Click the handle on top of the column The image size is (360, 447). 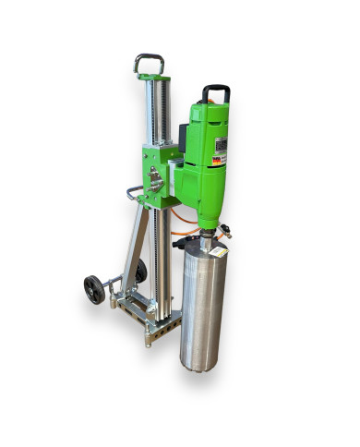[149, 62]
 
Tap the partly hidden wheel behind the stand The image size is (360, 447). [140, 271]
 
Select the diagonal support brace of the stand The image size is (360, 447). [135, 249]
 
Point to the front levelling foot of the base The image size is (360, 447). [148, 339]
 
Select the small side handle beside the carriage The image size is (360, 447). [135, 193]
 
